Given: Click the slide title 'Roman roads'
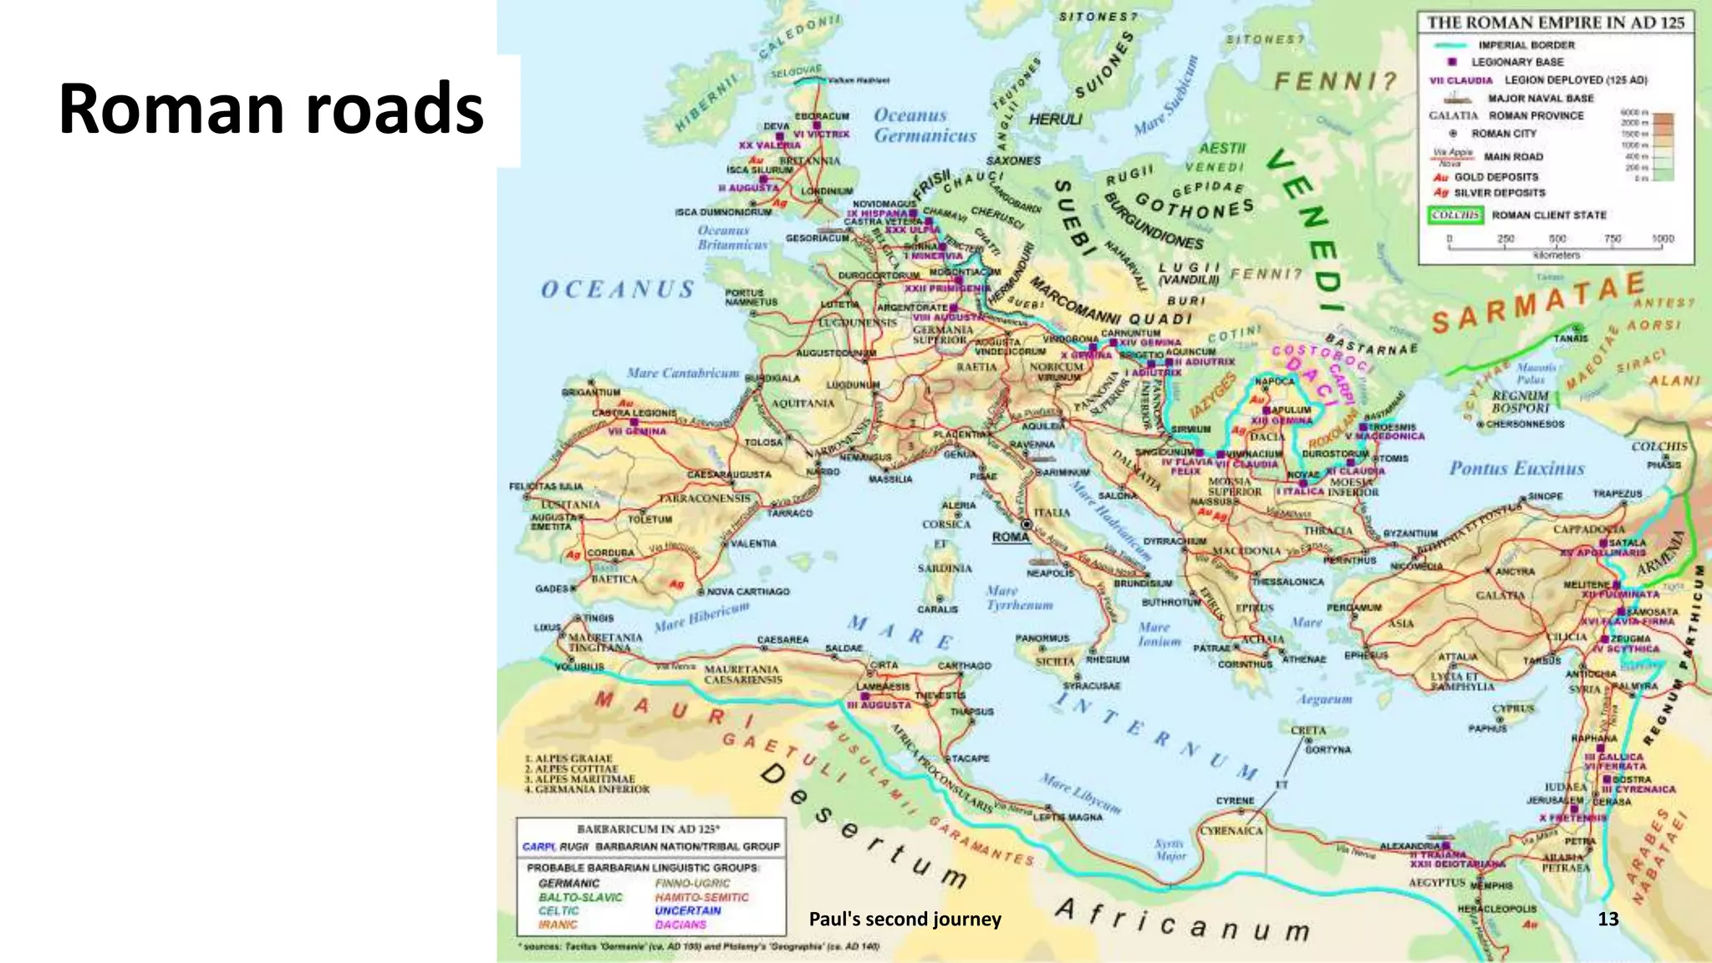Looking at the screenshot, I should (271, 109).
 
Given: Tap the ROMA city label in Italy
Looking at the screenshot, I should (1011, 537).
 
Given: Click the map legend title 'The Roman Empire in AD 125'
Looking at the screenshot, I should (1555, 23).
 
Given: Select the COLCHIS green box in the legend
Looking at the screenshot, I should (1455, 215).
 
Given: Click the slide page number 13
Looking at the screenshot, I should (1608, 919).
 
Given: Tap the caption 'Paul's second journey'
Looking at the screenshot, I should (904, 920).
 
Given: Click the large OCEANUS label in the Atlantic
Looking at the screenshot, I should (618, 290).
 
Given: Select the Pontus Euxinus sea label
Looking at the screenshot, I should (1516, 468).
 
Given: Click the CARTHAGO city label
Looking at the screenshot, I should (964, 665).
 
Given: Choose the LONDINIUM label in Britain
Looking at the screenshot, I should (827, 191).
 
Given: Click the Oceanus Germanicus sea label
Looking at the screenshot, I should (924, 125).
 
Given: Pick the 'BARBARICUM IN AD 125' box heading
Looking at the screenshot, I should (648, 828).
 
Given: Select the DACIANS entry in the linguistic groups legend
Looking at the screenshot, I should (680, 925).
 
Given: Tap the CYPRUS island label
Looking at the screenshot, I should (1512, 709).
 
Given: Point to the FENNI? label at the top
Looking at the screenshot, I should (1335, 81).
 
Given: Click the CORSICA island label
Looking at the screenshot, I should (946, 524).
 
